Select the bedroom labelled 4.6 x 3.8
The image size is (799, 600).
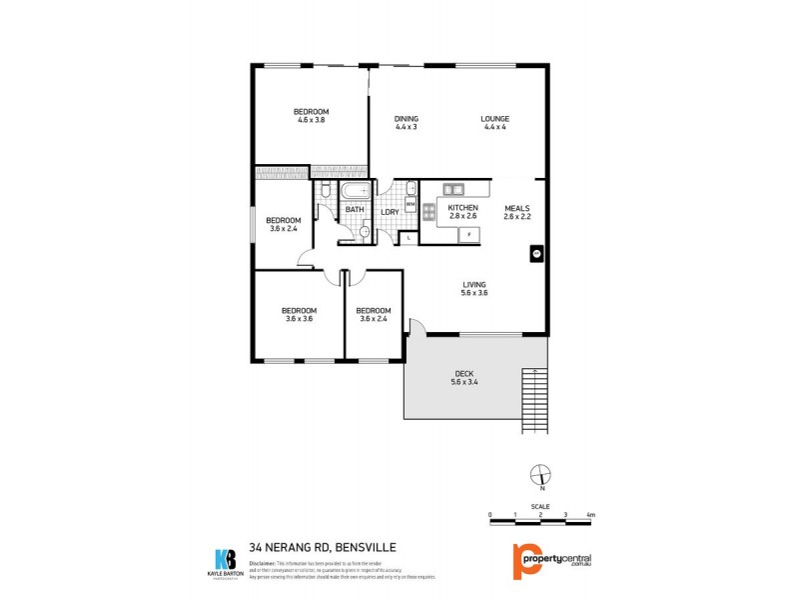pyautogui.click(x=311, y=115)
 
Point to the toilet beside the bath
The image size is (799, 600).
pyautogui.click(x=327, y=190)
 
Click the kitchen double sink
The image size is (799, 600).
pyautogui.click(x=453, y=188)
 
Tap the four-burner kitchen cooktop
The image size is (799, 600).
pyautogui.click(x=428, y=211)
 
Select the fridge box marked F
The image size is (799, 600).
pyautogui.click(x=469, y=234)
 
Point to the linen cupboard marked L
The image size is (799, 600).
pyautogui.click(x=408, y=237)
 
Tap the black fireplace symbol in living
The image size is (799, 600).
pyautogui.click(x=536, y=254)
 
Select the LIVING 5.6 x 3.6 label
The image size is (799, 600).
pyautogui.click(x=473, y=289)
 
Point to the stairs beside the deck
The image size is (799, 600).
pyautogui.click(x=535, y=400)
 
